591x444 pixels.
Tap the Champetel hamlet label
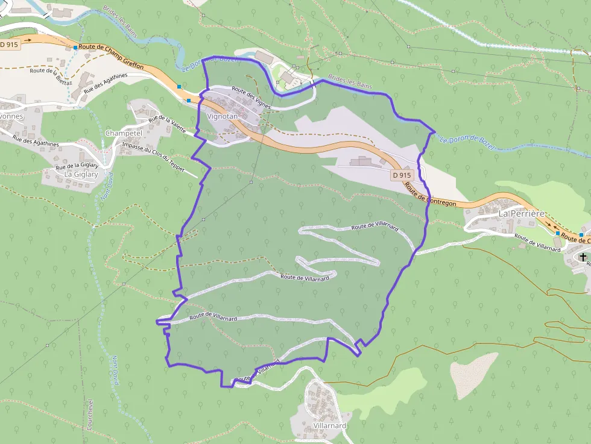(x=123, y=133)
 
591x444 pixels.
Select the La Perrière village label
(x=522, y=213)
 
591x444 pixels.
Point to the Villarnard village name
(x=330, y=425)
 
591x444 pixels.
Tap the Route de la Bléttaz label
(x=51, y=75)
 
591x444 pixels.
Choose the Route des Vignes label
(x=252, y=98)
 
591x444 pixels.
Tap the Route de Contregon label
(x=431, y=195)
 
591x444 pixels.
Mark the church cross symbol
(x=582, y=258)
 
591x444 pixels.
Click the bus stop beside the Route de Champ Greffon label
(x=75, y=47)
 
